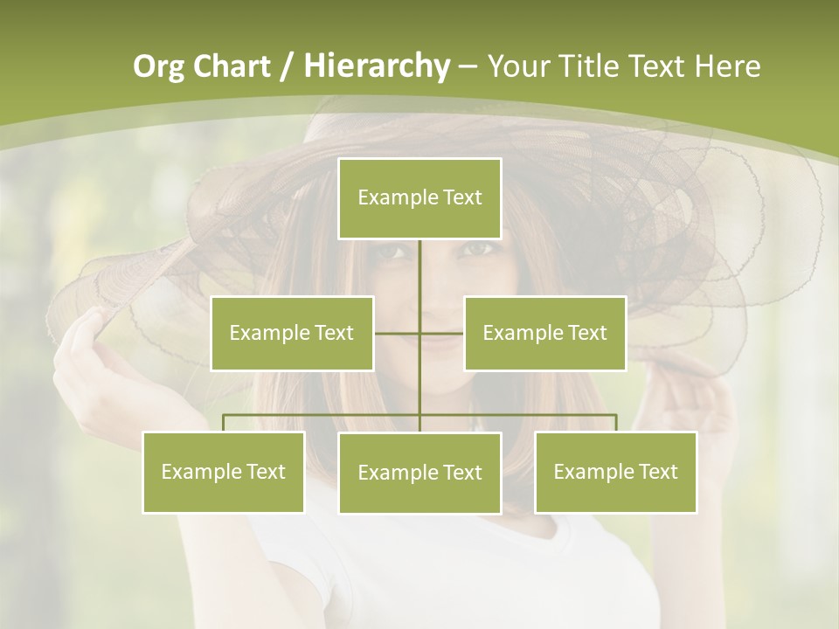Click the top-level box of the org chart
point(419,198)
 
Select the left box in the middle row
point(292,333)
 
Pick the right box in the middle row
point(544,333)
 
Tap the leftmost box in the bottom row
point(223,472)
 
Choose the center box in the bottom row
point(419,473)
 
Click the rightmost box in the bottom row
point(615,472)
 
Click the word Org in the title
point(159,66)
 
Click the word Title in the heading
point(590,66)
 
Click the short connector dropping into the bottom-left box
point(224,423)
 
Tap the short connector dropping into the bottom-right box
point(616,423)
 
